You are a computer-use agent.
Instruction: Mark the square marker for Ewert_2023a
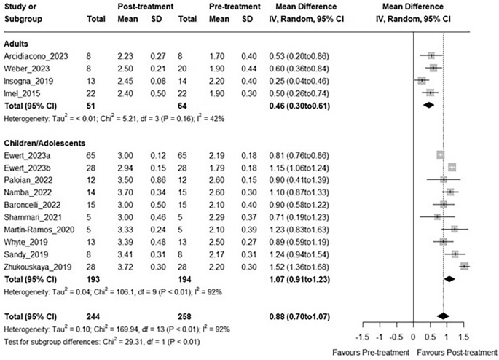440,154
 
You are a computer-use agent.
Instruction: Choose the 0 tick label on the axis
413,338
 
